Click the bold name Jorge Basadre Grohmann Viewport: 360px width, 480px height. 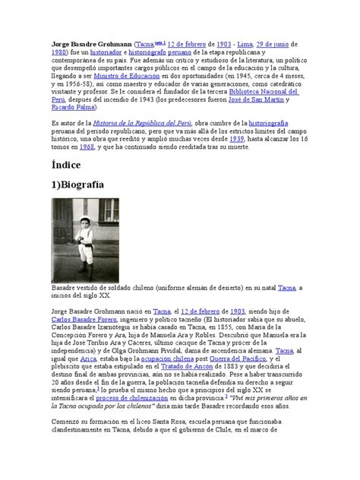89,45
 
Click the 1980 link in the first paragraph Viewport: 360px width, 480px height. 58,55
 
